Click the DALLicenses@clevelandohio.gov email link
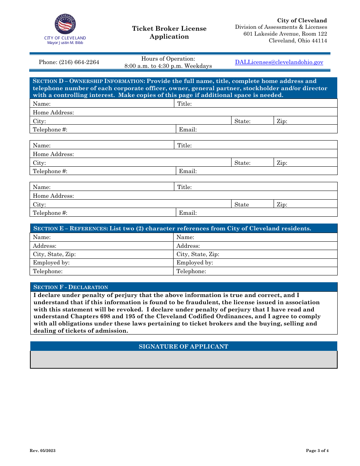tap(279, 62)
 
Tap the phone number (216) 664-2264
tap(69, 62)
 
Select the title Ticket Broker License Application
tap(169, 33)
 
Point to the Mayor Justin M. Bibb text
tap(65, 43)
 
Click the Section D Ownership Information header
tap(183, 88)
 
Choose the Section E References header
tap(183, 228)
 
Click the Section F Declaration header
tap(71, 287)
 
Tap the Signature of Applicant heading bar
tap(183, 346)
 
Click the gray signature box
tap(183, 360)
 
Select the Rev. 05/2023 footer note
tap(43, 450)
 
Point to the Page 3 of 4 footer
tap(317, 450)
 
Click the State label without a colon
tap(242, 205)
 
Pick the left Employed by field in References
tap(102, 263)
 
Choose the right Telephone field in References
tap(255, 271)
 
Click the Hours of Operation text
tap(168, 59)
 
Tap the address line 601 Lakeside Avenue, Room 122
tap(285, 34)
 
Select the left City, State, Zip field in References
tap(102, 254)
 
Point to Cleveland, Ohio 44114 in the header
tap(298, 41)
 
